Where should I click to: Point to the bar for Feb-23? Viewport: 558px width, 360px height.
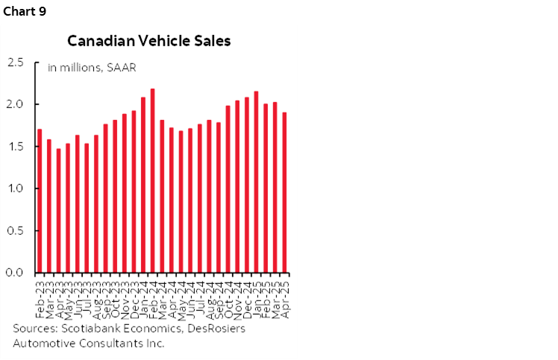coord(40,200)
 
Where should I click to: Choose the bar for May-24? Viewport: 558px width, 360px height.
coord(181,201)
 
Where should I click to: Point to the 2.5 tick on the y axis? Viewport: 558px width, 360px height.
coord(16,62)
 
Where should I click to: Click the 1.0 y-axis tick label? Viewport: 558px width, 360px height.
coord(16,189)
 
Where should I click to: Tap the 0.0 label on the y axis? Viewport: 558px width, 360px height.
coord(16,273)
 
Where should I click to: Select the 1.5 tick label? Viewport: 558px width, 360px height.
coord(16,146)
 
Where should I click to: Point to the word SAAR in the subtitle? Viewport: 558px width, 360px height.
coord(119,68)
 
